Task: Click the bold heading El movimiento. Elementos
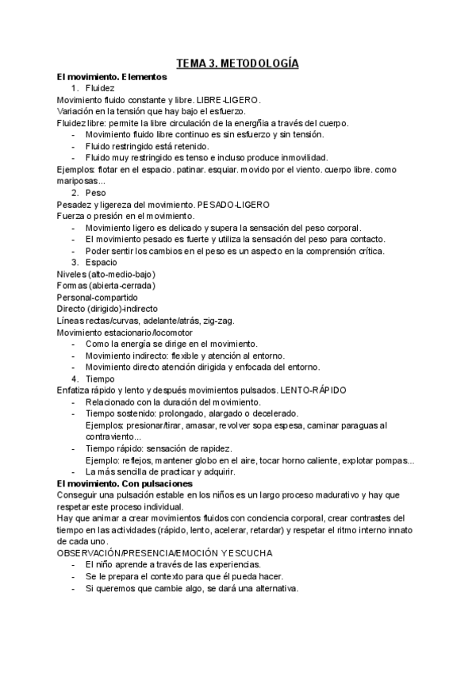pos(112,77)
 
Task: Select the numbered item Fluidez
pos(101,88)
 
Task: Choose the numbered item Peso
pos(95,193)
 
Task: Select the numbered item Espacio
pos(101,262)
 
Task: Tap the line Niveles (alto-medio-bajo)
pos(106,274)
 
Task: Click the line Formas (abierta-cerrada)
pos(106,285)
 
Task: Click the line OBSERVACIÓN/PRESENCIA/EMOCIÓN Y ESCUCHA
pos(165,552)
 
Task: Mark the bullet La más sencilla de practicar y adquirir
pos(159,471)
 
